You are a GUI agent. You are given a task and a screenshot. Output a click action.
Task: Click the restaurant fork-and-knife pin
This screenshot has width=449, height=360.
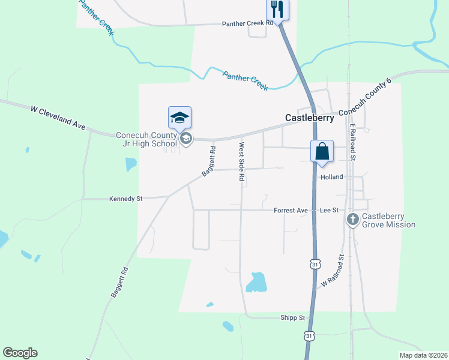[x=277, y=9]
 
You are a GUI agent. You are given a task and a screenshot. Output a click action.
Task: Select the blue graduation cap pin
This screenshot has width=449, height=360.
[x=179, y=118]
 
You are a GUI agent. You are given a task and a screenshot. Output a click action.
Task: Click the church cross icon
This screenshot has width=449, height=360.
[x=353, y=220]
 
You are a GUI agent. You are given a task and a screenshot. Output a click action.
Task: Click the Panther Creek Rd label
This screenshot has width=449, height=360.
[x=248, y=23]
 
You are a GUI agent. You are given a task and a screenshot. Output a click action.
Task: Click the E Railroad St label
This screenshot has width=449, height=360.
[x=354, y=142]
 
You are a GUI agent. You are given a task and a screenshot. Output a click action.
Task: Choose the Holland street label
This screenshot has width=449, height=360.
[x=331, y=177]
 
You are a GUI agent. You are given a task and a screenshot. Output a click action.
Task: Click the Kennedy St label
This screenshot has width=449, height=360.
[x=125, y=198]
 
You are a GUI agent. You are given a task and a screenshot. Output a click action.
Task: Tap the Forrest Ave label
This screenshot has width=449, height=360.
[x=291, y=211]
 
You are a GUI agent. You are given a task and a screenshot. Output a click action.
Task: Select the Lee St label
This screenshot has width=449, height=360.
[x=330, y=211]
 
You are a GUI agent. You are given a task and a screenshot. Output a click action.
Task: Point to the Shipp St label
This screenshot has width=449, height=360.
[x=293, y=317]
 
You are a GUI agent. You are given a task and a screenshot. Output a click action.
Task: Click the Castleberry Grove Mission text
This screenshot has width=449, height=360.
[x=388, y=220]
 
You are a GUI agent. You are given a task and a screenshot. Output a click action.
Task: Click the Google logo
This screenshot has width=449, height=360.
[x=20, y=353]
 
